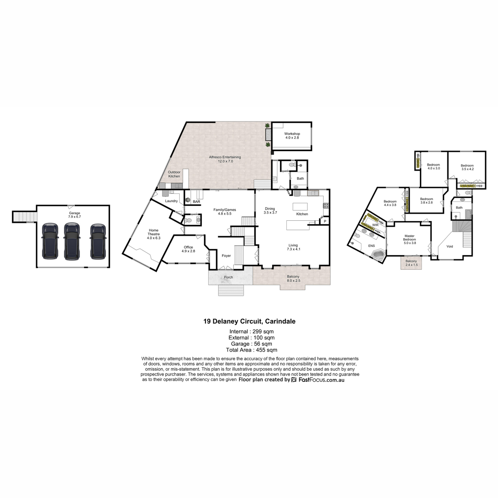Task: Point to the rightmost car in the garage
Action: coord(98,242)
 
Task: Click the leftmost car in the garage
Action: coord(50,242)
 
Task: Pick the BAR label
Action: coord(196,202)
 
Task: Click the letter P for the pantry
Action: coord(325,221)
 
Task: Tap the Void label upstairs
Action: coord(449,246)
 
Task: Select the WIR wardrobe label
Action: coord(375,225)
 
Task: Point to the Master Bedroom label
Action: coord(409,237)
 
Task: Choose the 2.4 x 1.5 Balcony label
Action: coord(411,263)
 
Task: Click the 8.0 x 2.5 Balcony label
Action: coord(293,278)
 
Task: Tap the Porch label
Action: coord(228,277)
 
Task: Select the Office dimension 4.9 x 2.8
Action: coord(188,251)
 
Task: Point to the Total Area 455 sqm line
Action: coord(251,350)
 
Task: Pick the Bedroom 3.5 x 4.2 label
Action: coord(467,167)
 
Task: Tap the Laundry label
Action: coord(171,201)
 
